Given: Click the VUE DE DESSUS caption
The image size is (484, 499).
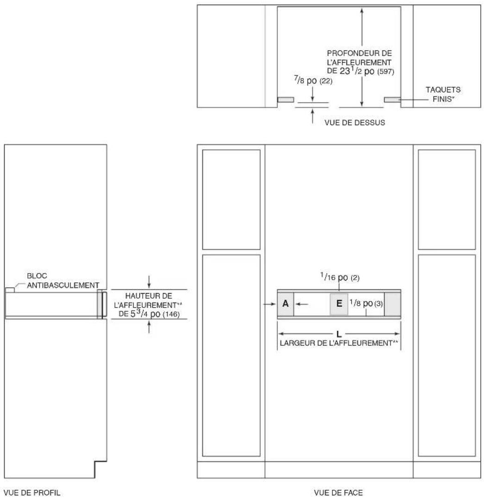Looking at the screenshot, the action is [x=354, y=122].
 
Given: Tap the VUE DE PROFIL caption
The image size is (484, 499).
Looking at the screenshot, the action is [x=32, y=493].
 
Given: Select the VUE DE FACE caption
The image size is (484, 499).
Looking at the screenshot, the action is [x=338, y=493].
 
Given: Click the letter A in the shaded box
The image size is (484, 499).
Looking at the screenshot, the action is [x=285, y=304].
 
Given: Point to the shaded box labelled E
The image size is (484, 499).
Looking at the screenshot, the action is [x=339, y=304].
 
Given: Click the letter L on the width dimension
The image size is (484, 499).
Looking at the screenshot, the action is [x=339, y=334].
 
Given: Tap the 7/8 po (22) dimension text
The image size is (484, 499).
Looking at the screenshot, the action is [x=313, y=80].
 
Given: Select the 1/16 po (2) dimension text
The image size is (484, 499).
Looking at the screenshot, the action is [x=339, y=277].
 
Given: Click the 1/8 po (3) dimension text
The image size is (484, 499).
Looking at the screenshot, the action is [x=366, y=303].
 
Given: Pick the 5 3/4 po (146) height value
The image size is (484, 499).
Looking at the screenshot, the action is [x=155, y=314].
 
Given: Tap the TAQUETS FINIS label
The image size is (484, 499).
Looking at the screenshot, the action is [x=443, y=94].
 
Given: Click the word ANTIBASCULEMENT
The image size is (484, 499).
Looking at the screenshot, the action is [x=63, y=285].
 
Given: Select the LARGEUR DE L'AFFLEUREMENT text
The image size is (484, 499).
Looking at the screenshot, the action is [x=339, y=343].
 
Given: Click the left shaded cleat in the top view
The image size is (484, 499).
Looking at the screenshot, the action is [x=286, y=100].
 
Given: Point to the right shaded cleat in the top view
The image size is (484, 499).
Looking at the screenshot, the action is [x=392, y=100].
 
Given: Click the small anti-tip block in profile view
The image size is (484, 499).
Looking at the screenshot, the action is [x=10, y=290].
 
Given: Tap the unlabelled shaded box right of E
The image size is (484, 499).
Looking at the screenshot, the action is [x=392, y=304].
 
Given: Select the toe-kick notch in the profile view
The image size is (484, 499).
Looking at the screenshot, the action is [x=101, y=469].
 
